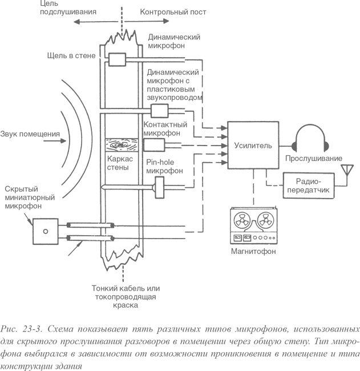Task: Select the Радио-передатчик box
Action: click(x=308, y=187)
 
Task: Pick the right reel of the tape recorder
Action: click(x=265, y=220)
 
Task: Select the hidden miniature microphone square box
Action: click(x=43, y=232)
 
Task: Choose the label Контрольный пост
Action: click(x=165, y=11)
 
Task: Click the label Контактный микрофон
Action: click(x=163, y=128)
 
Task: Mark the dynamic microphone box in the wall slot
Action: click(x=117, y=59)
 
